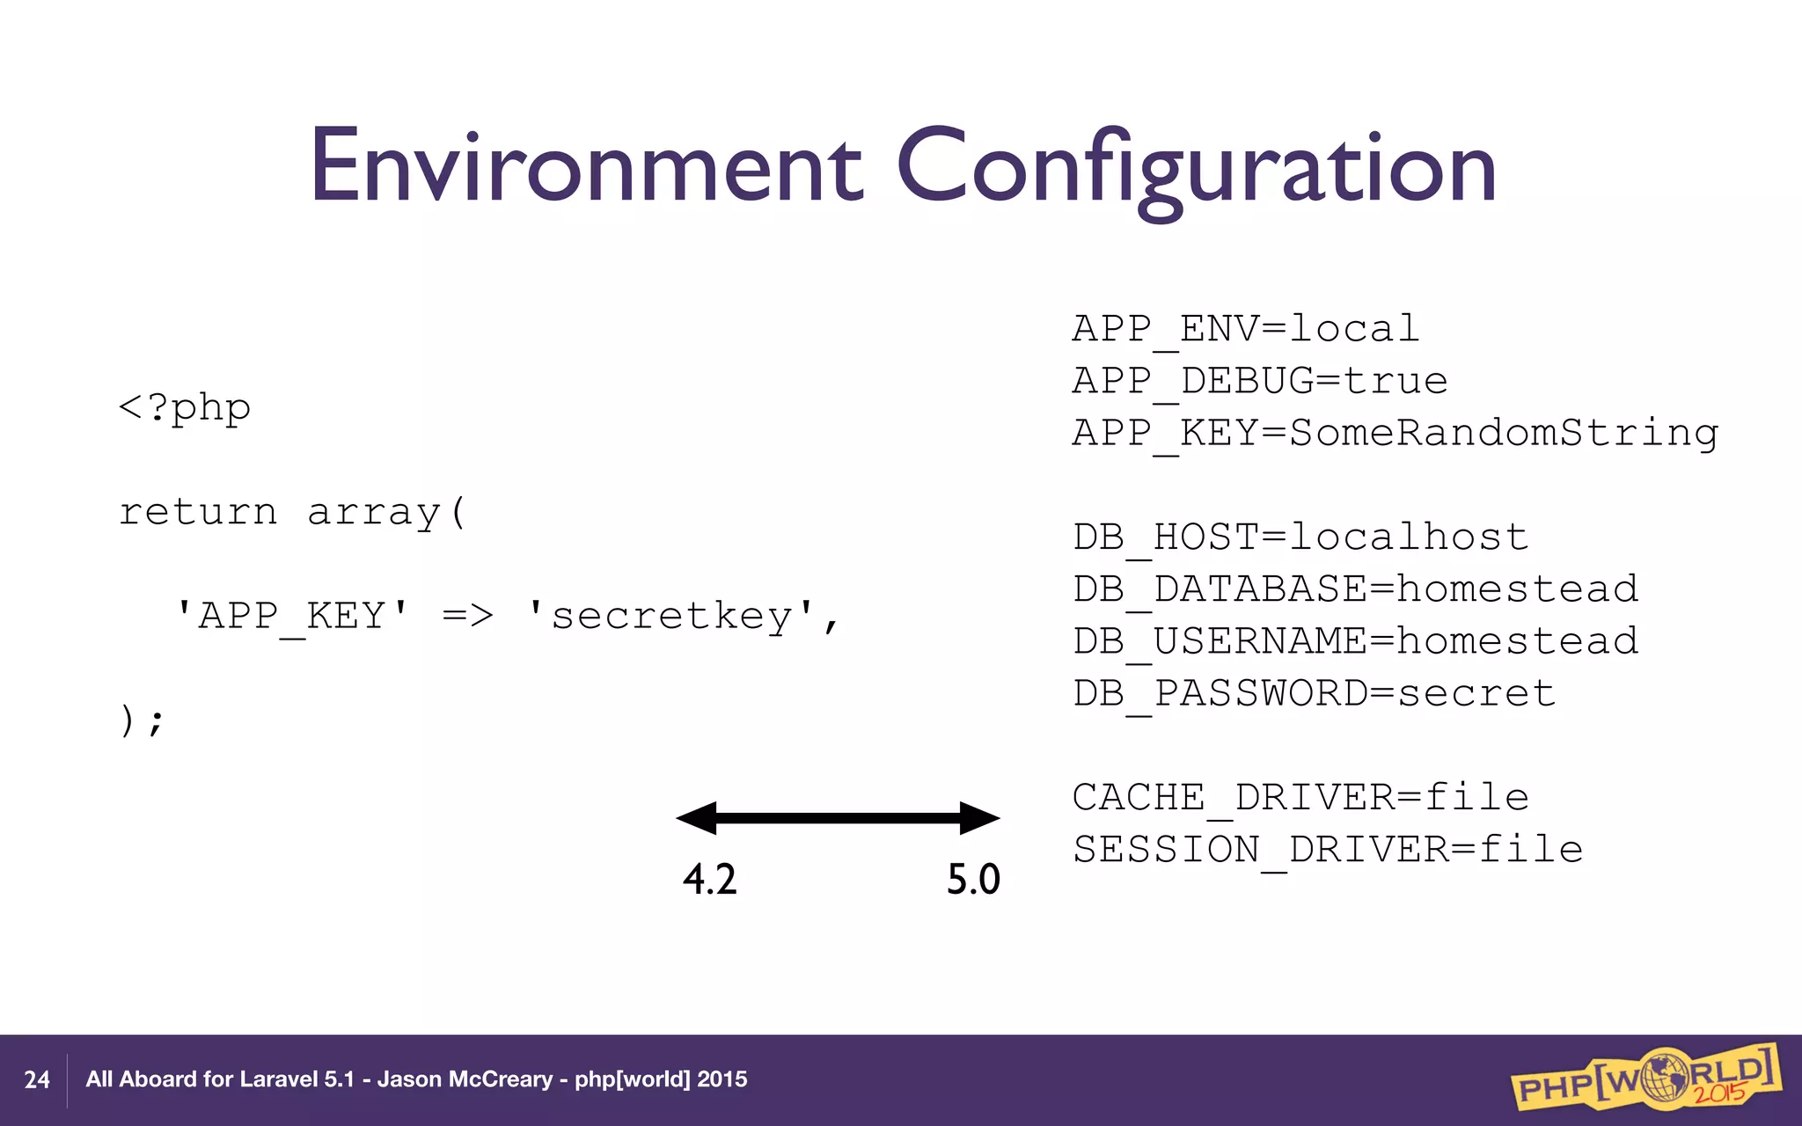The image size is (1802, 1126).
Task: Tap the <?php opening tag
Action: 185,408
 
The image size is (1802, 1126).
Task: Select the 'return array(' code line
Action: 292,512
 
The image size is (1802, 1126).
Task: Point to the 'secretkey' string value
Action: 672,616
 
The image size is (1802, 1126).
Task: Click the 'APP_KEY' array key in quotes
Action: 293,616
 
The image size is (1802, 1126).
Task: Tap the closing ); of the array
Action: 141,720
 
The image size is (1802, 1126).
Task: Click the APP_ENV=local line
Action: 1245,329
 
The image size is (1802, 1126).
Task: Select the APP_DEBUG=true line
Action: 1259,381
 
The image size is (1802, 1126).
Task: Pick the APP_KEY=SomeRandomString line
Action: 1395,433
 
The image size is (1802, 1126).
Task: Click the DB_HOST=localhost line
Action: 1300,537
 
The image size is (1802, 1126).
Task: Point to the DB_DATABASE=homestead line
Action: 1355,589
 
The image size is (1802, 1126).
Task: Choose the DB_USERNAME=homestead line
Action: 1355,641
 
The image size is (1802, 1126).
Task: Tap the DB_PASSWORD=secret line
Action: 1314,693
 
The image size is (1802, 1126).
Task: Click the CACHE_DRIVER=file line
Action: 1300,798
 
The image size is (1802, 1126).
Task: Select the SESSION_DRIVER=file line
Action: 1327,850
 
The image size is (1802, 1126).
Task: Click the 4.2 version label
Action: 709,879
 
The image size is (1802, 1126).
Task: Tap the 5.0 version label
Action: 973,879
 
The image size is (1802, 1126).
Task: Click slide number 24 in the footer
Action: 37,1080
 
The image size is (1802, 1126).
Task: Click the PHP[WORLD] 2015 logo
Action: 1645,1077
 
